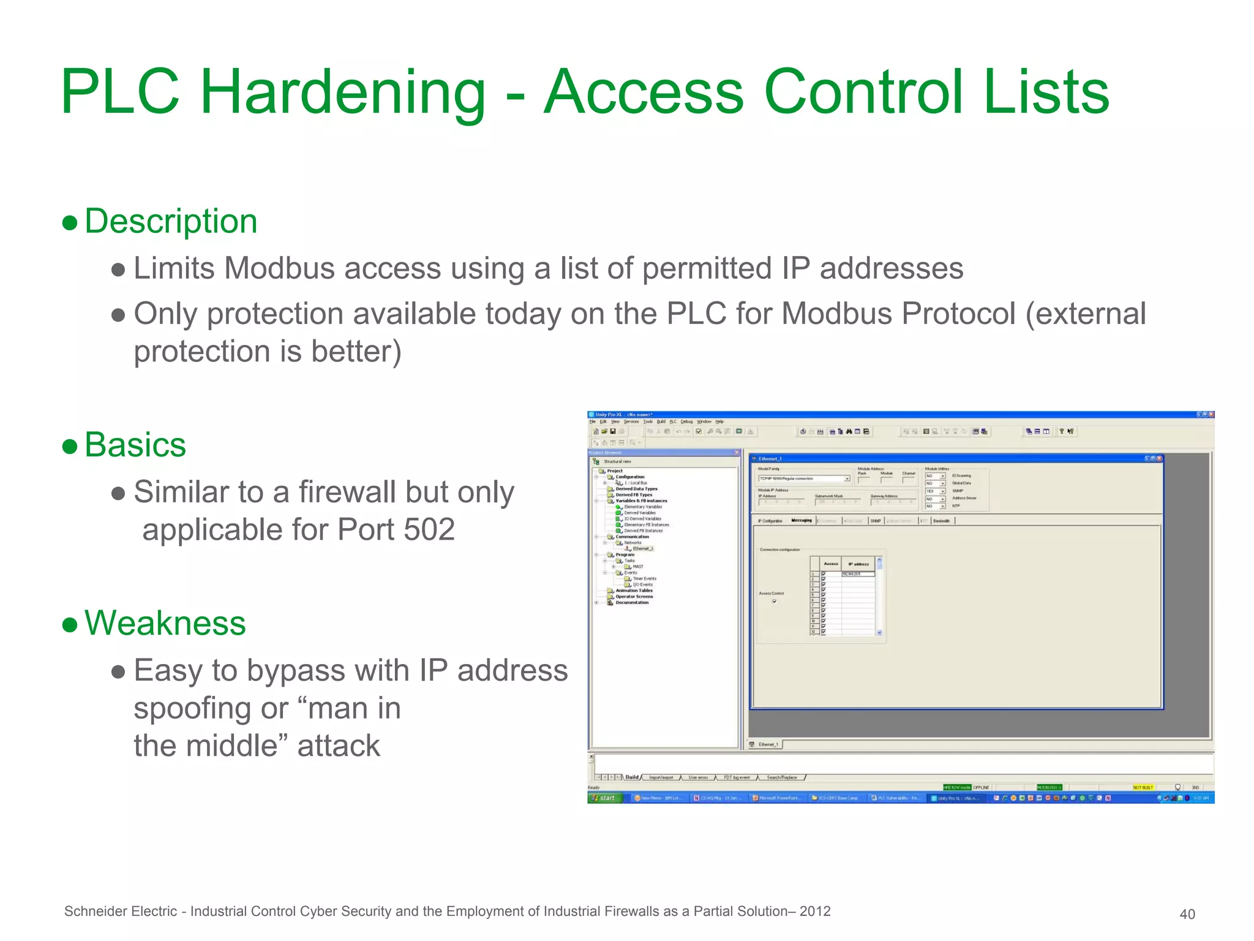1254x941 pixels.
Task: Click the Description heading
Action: pos(170,221)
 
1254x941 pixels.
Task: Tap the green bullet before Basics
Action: pos(70,446)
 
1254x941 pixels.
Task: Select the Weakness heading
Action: pos(165,623)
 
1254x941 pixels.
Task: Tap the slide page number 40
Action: pos(1187,914)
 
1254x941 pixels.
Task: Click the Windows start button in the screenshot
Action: pos(605,798)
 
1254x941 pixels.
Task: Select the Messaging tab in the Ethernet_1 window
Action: pos(801,521)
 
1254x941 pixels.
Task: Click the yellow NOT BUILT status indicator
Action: pos(1143,787)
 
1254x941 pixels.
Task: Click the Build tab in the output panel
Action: pos(631,777)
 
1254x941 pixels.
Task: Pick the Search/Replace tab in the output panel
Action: pos(781,777)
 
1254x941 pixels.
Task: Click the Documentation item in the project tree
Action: pos(631,602)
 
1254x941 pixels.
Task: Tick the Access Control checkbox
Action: pos(775,601)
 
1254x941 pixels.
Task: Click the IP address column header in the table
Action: pos(858,564)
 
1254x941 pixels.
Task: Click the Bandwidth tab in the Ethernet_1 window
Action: pos(941,521)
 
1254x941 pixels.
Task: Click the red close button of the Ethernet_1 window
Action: pos(1159,458)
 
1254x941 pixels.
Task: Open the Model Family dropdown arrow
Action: pos(847,478)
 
